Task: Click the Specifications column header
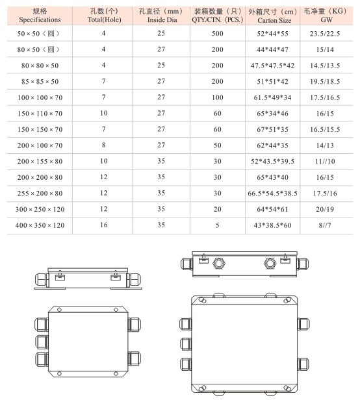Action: point(40,16)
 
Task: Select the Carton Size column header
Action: point(273,16)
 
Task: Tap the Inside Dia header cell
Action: point(161,16)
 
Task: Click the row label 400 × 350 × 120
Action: point(40,225)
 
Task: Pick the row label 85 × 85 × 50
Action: point(40,82)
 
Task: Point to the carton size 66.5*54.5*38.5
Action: point(272,194)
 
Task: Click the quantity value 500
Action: point(217,34)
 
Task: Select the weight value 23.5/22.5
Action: point(325,34)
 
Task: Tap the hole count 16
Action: point(104,225)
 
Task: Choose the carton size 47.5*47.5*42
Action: point(272,66)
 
